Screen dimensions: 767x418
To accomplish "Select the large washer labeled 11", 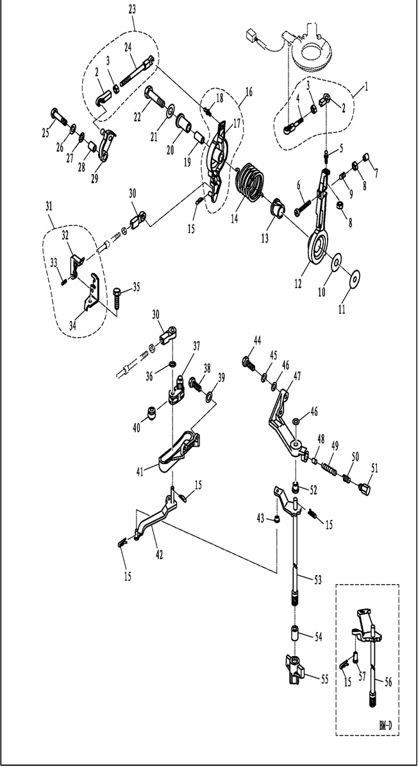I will pos(352,276).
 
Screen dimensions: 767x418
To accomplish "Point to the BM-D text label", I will pos(385,726).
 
